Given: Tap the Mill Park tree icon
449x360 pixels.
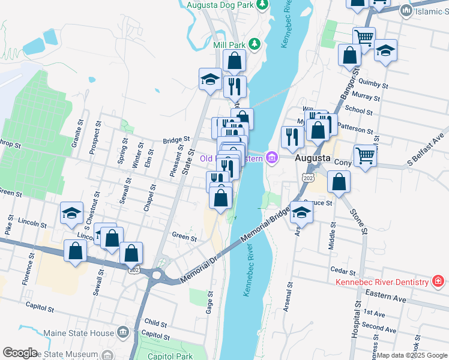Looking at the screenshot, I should pos(255,44).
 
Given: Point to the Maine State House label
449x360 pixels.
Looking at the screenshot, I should pos(79,332).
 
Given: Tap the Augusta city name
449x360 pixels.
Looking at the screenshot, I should pos(313,158).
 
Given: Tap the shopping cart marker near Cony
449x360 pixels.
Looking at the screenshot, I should pos(365,156).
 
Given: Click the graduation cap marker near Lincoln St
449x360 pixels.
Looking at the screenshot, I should pos(71,212).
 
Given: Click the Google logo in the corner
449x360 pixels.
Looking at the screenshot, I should pos(20,353).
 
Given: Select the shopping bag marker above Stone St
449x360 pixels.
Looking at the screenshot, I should pos(339,183).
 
